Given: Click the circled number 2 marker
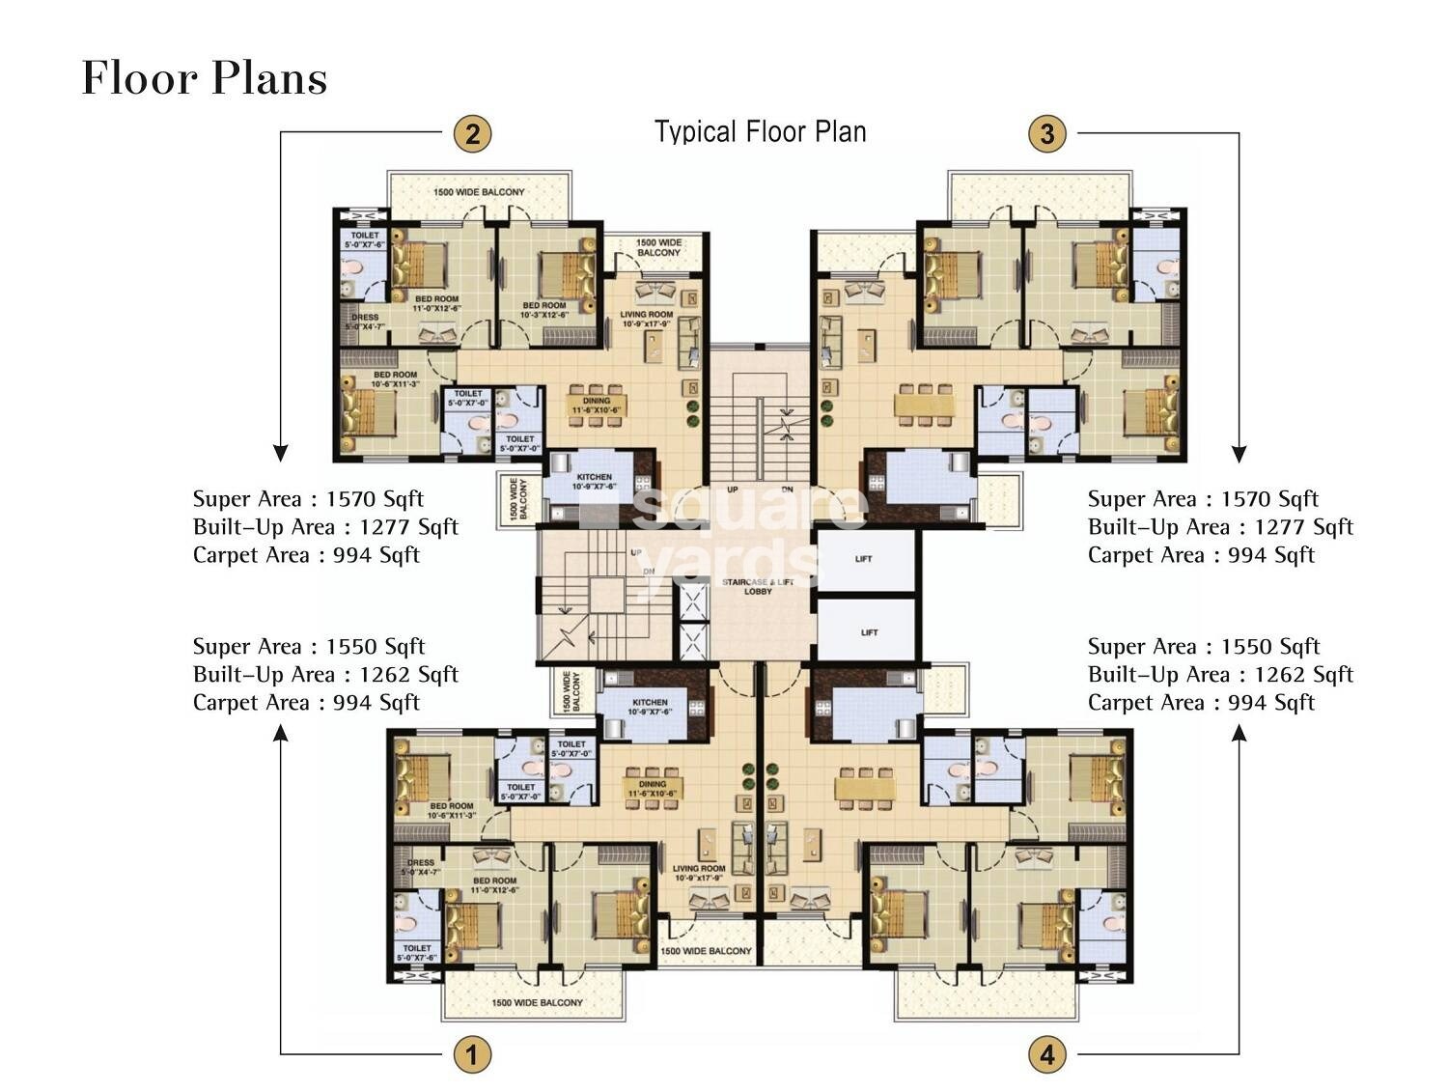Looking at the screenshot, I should (472, 132).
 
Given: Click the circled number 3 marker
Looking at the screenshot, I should (1047, 132).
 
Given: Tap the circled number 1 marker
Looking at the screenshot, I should (472, 1054).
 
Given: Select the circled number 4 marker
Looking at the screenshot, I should (1047, 1054).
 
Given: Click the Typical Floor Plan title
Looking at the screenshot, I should (760, 131).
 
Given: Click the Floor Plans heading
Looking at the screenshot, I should (204, 78).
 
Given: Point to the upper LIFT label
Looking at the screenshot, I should (863, 559).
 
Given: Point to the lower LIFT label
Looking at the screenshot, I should (869, 632).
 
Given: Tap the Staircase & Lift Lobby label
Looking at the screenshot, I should (758, 586).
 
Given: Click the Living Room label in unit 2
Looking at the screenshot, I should (646, 320).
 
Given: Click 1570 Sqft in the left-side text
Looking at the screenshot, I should (375, 499).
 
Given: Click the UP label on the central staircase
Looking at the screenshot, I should (732, 490).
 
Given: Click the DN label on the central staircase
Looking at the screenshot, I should (787, 490).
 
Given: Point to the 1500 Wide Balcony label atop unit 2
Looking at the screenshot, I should (479, 192).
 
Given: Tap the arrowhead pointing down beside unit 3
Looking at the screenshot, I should (1239, 455).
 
